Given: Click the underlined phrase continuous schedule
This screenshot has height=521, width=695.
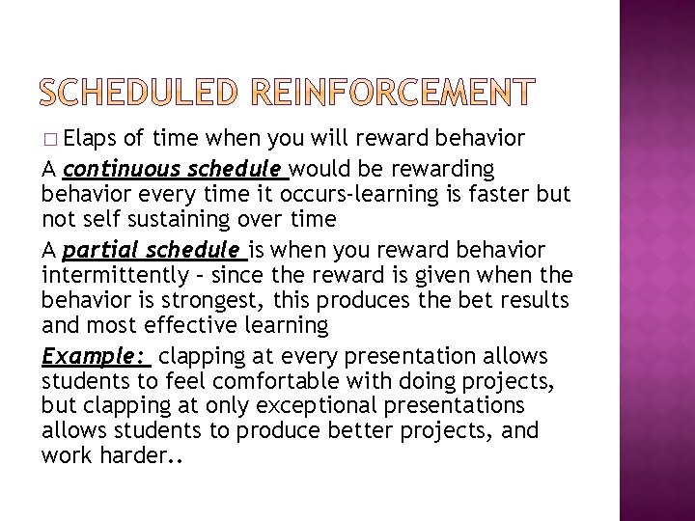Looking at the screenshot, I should (x=175, y=170).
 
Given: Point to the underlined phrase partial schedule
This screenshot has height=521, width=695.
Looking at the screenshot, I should (x=154, y=251).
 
